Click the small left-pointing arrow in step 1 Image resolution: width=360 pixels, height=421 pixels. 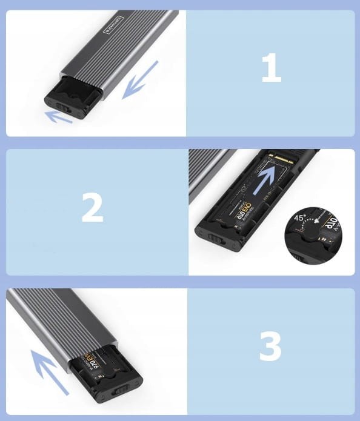click(x=60, y=115)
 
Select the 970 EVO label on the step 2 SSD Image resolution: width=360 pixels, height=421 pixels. click(x=236, y=206)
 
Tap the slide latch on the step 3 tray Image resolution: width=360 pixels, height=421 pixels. click(x=125, y=390)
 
